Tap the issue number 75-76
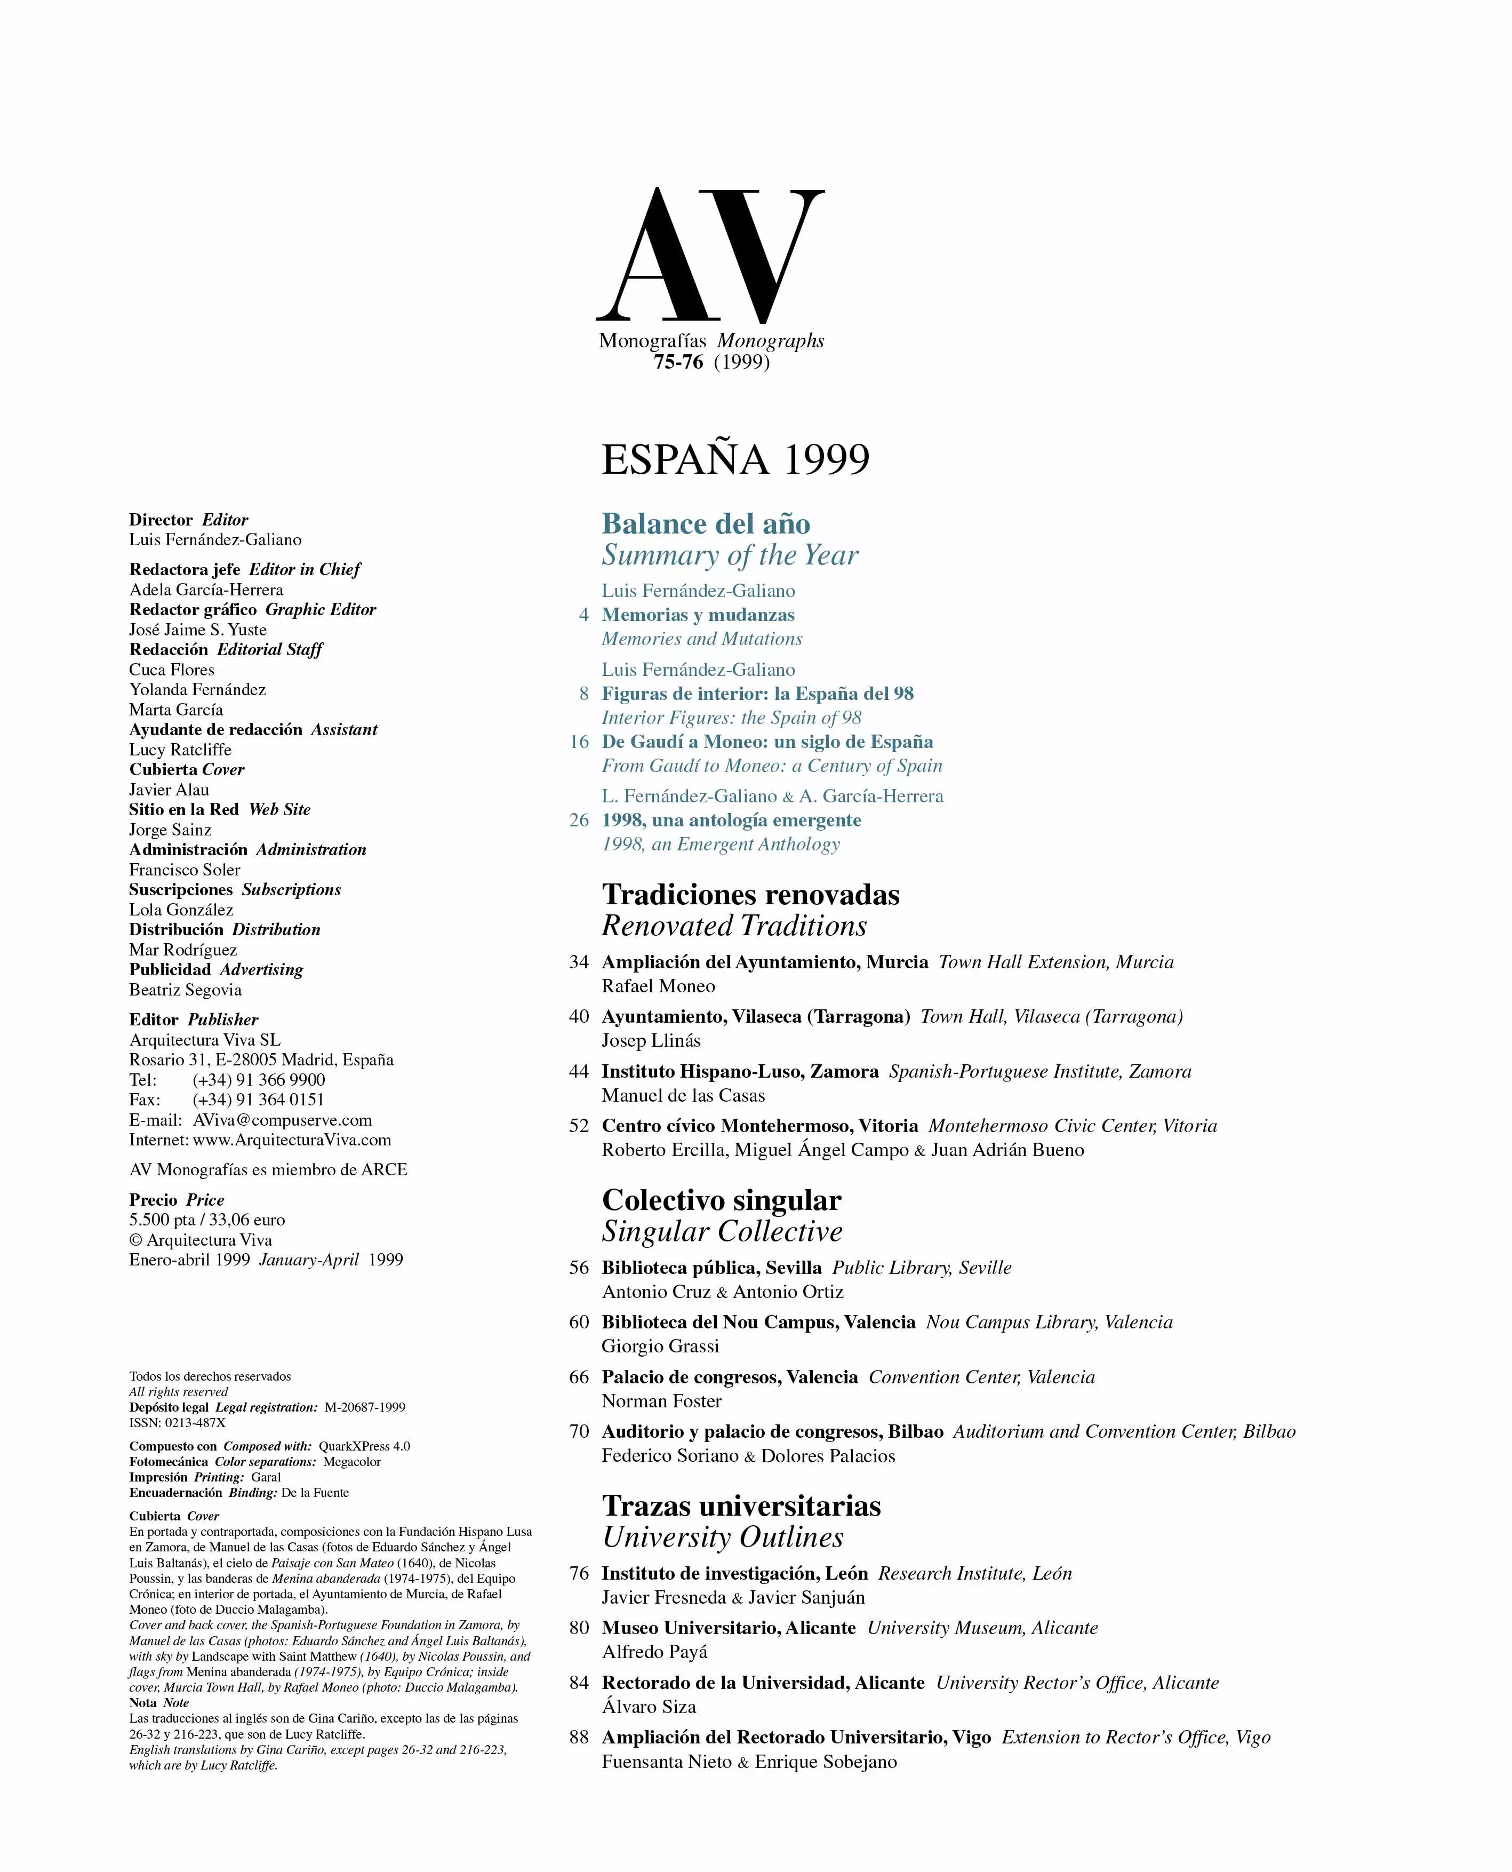[x=678, y=362]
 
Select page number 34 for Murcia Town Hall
[x=579, y=962]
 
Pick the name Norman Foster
[x=661, y=1401]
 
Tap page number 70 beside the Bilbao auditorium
[x=579, y=1432]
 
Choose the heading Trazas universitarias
[x=741, y=1506]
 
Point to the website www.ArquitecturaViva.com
[x=292, y=1140]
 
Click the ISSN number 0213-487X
[x=195, y=1422]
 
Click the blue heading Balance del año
[x=706, y=523]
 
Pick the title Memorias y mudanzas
[x=698, y=615]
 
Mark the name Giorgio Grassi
[x=660, y=1347]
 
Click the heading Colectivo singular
[x=721, y=1200]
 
